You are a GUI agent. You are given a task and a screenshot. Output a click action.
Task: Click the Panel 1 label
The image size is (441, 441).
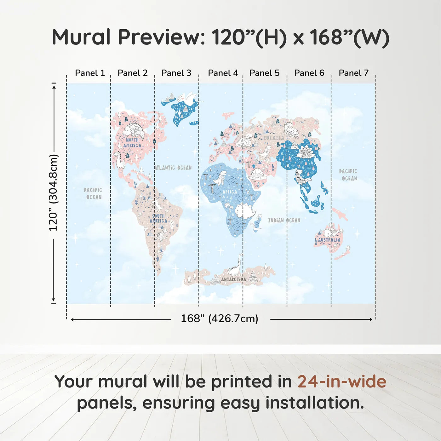[90, 73]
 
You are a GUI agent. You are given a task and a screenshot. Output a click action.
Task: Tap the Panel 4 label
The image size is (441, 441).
[223, 73]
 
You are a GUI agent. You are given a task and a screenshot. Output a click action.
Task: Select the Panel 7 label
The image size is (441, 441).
[353, 73]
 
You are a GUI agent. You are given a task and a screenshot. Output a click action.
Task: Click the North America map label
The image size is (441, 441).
[132, 143]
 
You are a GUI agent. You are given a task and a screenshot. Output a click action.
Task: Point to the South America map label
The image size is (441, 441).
[158, 218]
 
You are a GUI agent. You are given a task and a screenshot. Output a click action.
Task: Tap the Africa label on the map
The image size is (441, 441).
[230, 192]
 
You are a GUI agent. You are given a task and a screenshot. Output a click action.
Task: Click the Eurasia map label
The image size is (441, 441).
[273, 138]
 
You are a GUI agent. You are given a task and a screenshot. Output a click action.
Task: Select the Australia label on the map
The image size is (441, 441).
[329, 240]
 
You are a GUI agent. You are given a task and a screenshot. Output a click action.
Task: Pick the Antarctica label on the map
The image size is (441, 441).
[233, 279]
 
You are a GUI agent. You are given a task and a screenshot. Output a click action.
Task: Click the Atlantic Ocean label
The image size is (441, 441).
[173, 168]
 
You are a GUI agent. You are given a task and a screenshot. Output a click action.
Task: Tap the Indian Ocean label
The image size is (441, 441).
[284, 220]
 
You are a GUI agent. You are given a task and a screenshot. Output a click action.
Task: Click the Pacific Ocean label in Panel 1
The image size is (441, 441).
[93, 193]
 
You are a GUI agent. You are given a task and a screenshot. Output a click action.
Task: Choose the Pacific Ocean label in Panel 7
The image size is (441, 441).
[348, 175]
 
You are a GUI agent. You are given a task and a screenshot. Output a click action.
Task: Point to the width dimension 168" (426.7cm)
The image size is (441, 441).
[219, 319]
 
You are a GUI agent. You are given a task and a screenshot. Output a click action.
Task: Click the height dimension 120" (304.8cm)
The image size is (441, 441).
[53, 193]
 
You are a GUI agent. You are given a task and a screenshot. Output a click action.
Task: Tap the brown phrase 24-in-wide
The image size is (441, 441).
[342, 382]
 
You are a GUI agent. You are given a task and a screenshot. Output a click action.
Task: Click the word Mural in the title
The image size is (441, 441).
[81, 37]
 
